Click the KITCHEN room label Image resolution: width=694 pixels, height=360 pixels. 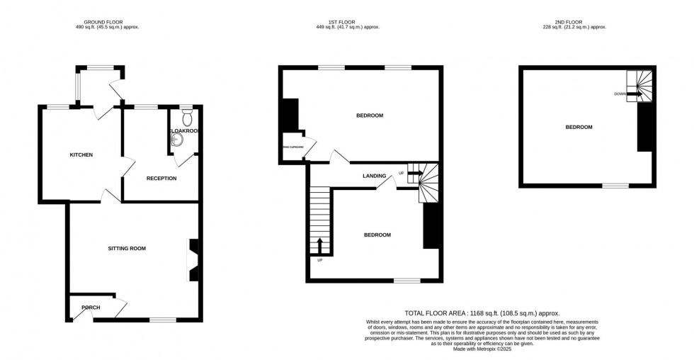(81, 154)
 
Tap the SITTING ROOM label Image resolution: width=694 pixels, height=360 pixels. (127, 249)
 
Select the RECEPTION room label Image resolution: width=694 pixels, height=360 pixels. (161, 178)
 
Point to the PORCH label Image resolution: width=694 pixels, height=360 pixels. (91, 308)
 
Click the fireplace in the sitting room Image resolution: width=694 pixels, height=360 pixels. (193, 259)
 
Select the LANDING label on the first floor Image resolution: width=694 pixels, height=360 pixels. (375, 176)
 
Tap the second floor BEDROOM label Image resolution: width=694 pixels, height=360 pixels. (579, 127)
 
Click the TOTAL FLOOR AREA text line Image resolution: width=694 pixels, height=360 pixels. (482, 313)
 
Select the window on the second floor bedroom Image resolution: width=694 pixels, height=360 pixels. (615, 186)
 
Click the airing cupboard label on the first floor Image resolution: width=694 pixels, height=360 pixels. (292, 147)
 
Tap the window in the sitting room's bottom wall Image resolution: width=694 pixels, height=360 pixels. (163, 320)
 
